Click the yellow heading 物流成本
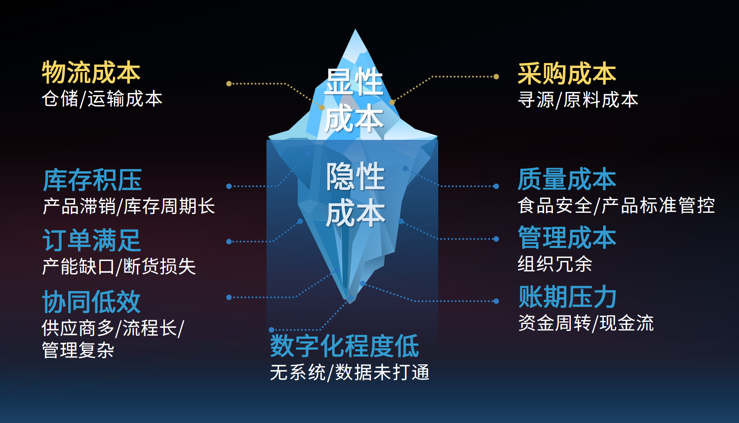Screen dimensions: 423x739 [x=91, y=73]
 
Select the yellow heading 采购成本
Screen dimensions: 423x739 [x=567, y=73]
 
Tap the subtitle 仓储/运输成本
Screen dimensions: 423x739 [x=102, y=99]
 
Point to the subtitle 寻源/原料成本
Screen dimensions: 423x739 [x=578, y=100]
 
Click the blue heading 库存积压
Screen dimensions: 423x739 [x=93, y=180]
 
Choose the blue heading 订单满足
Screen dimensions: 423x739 [x=92, y=240]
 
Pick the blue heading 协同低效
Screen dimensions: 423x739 [x=91, y=302]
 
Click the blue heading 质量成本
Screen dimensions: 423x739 [x=567, y=179]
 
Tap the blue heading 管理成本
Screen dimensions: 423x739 [x=567, y=238]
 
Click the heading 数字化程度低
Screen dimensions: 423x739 [x=344, y=346]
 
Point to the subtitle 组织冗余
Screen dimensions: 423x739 [x=555, y=264]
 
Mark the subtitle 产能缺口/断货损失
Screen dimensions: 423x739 [x=119, y=266]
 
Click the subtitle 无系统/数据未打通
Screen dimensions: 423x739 [x=350, y=372]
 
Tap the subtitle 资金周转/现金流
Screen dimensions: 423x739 [x=586, y=323]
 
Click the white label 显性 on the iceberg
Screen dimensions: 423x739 [x=354, y=82]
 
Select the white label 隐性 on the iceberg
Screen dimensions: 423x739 [x=356, y=176]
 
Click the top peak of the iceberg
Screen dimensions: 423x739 [x=356, y=30]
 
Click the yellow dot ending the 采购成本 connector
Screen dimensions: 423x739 [x=496, y=76]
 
